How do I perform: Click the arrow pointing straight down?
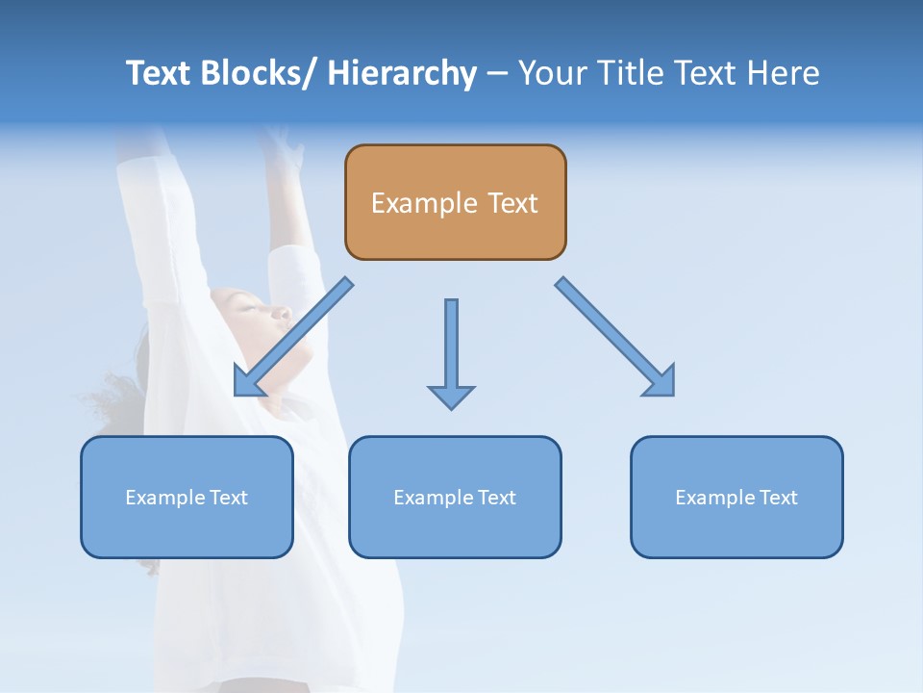pos(451,351)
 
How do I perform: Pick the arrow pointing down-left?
pos(293,337)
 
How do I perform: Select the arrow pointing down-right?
pos(615,337)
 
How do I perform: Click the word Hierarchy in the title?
pos(402,73)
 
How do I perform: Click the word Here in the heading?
pos(783,73)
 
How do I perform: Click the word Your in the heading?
pos(552,73)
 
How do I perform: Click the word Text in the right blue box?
pos(778,498)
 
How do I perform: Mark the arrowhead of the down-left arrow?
pos(246,382)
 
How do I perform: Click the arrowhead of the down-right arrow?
pos(661,382)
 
